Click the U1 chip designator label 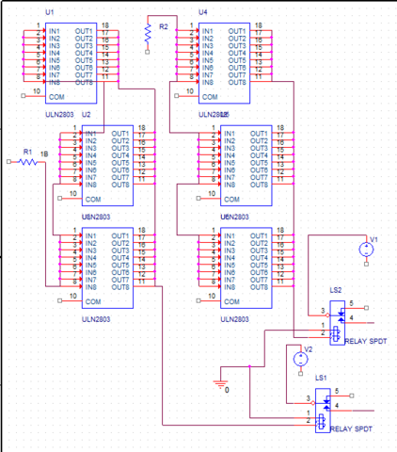tap(49, 10)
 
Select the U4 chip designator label tap(203, 10)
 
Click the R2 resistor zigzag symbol tap(148, 34)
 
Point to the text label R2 tap(164, 27)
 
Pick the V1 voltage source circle tap(366, 250)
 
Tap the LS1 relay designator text tap(321, 378)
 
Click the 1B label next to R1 tap(43, 153)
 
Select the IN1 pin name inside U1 tap(54, 31)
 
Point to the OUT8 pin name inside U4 tap(236, 83)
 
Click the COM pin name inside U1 tap(56, 96)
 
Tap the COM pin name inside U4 tap(210, 96)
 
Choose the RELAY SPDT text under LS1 tap(347, 428)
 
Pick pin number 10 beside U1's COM tap(36, 91)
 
